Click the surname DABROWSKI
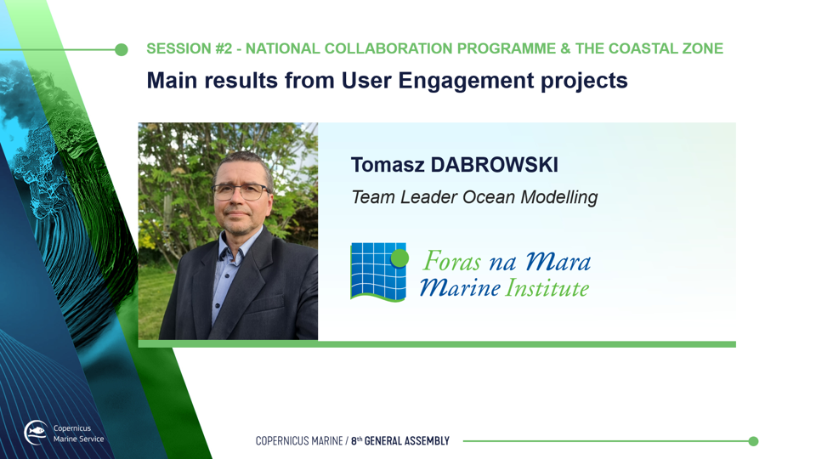494,165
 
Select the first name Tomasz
388,165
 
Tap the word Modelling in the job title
559,198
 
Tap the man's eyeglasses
241,191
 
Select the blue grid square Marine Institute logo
378,272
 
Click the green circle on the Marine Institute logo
399,258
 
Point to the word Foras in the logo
451,261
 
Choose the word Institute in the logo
547,288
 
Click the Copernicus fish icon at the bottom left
37,432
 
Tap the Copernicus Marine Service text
78,433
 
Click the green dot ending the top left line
122,49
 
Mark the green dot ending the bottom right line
753,441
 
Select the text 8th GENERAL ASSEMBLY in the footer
399,441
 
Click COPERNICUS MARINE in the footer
299,441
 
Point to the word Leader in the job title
428,197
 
